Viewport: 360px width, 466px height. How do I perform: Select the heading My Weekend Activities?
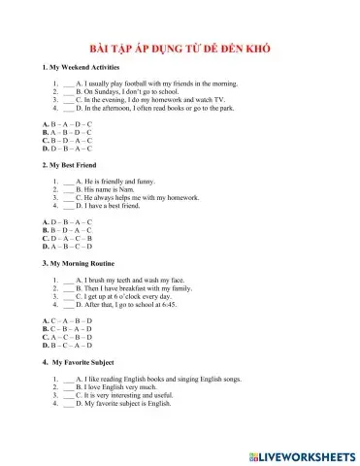click(81, 68)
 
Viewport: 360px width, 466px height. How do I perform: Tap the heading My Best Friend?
click(72, 166)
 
